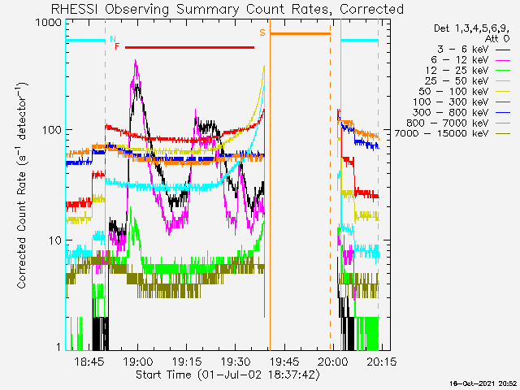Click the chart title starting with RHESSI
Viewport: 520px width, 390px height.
coord(227,9)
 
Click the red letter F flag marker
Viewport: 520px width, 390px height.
coord(117,46)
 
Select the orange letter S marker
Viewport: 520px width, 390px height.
coord(262,32)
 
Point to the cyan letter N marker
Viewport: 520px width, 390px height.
coord(112,39)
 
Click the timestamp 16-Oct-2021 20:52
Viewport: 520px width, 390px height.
coord(484,383)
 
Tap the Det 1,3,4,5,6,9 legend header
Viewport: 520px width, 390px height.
coord(474,28)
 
